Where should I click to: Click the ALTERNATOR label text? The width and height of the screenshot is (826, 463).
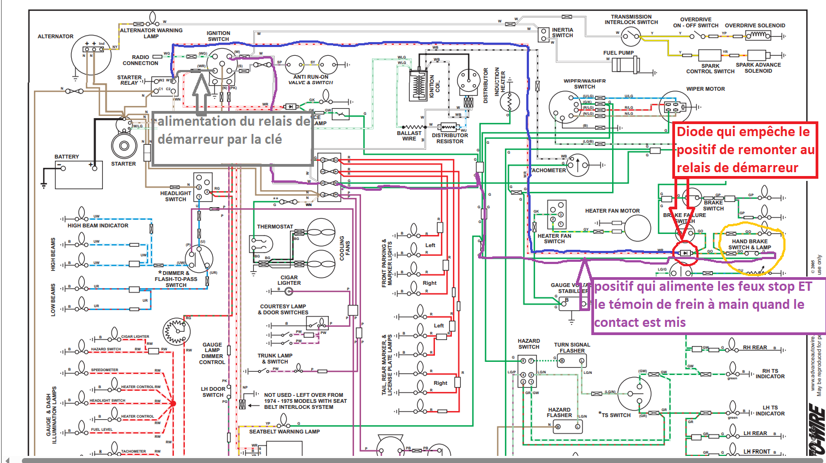pyautogui.click(x=55, y=37)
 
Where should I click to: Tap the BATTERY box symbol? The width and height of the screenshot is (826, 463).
pyautogui.click(x=78, y=174)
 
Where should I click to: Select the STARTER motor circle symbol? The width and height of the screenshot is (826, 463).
pyautogui.click(x=124, y=146)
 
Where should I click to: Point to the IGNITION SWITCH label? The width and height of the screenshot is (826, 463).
pyautogui.click(x=218, y=36)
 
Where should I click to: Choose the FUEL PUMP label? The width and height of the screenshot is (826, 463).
pyautogui.click(x=618, y=53)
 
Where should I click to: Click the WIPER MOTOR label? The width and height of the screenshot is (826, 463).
pyautogui.click(x=705, y=89)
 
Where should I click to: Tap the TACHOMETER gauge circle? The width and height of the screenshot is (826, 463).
pyautogui.click(x=578, y=165)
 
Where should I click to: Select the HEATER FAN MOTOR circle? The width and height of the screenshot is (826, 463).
pyautogui.click(x=637, y=228)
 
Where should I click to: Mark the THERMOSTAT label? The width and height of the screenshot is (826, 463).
pyautogui.click(x=275, y=226)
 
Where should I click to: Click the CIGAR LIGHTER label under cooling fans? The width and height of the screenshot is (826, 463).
pyautogui.click(x=289, y=280)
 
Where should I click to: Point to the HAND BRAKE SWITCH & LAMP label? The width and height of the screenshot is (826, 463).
pyautogui.click(x=749, y=244)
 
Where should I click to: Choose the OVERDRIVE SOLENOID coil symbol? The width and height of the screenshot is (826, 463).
pyautogui.click(x=758, y=36)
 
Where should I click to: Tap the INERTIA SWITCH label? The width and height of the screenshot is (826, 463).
pyautogui.click(x=562, y=33)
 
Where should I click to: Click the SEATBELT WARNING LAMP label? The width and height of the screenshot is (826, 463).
pyautogui.click(x=284, y=432)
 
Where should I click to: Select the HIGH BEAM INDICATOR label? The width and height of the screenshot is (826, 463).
pyautogui.click(x=98, y=225)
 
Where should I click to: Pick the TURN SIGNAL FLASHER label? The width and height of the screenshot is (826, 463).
pyautogui.click(x=572, y=348)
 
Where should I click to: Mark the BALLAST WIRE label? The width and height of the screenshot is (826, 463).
pyautogui.click(x=409, y=136)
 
